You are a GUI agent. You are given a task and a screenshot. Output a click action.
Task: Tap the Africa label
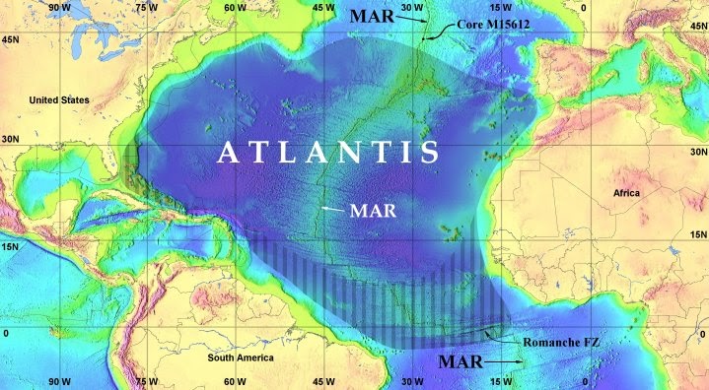pos(625,193)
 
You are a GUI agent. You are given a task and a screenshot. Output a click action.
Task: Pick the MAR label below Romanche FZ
pos(461,362)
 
